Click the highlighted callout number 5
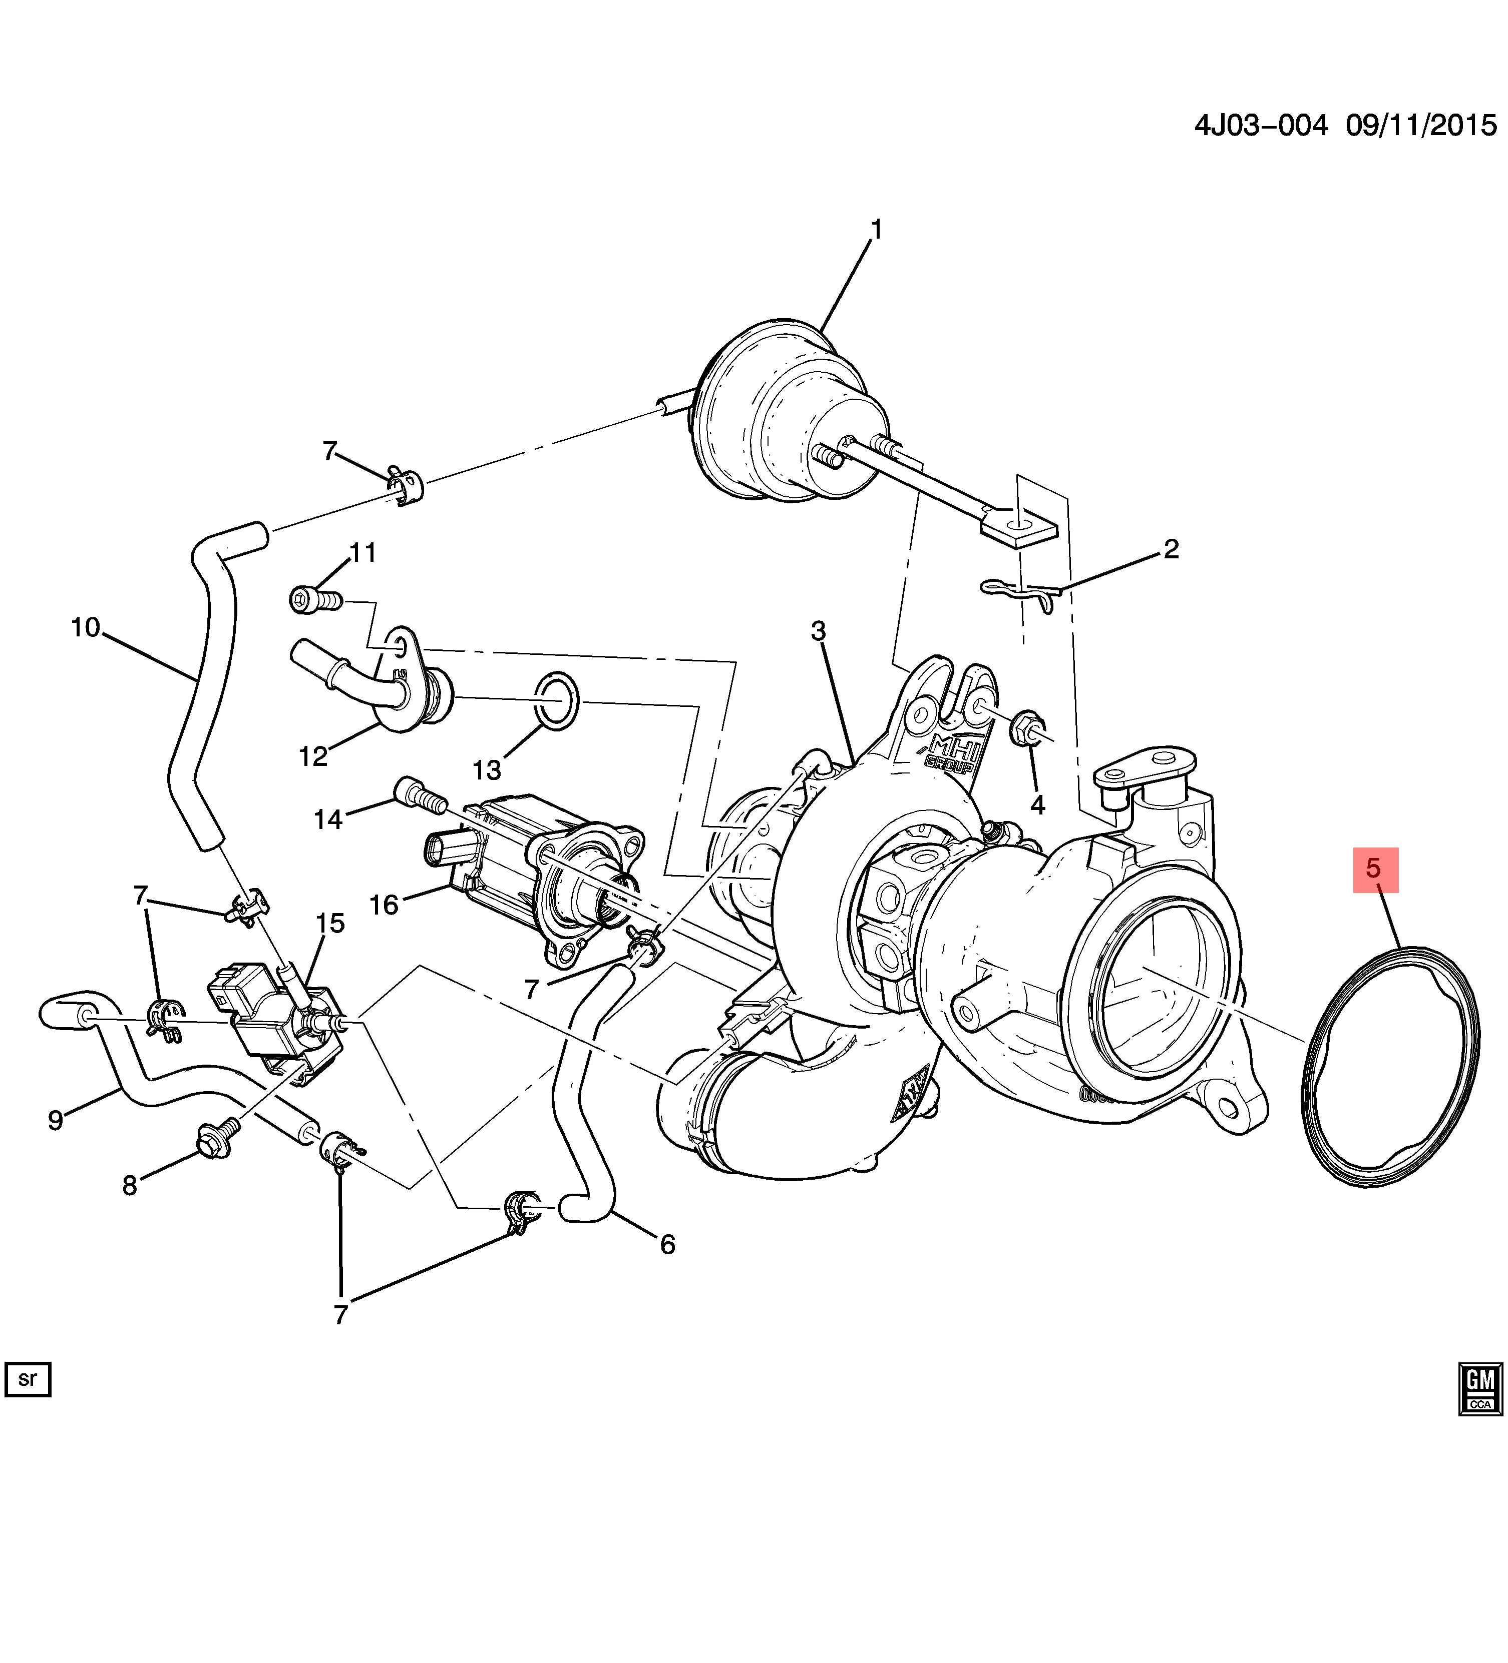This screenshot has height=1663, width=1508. point(1374,870)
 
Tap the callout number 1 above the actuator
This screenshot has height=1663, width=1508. point(877,229)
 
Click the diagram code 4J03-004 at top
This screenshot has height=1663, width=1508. point(1260,126)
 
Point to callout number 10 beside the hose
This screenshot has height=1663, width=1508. point(86,628)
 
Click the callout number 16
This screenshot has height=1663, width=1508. point(384,905)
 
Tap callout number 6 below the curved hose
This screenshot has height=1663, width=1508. point(667,1245)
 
